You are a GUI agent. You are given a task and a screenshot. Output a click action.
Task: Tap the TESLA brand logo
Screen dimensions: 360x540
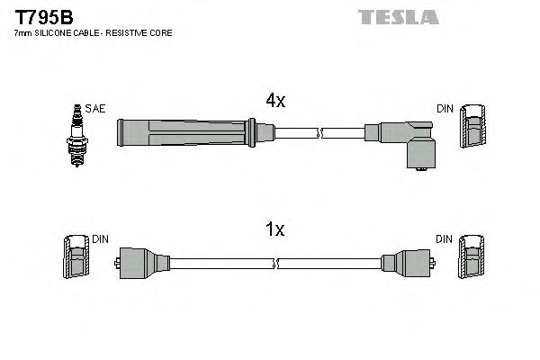[398, 16]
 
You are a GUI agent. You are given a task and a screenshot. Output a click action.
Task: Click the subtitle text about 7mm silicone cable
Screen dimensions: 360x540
[93, 33]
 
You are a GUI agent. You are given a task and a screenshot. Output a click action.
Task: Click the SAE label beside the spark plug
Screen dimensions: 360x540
[95, 109]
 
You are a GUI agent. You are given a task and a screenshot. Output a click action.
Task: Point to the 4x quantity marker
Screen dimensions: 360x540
[275, 102]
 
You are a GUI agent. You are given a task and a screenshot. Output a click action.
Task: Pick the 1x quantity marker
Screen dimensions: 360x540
[275, 230]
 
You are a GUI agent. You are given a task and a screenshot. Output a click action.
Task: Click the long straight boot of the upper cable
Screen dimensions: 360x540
[184, 133]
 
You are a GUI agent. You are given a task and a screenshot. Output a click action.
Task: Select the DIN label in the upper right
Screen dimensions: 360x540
[445, 109]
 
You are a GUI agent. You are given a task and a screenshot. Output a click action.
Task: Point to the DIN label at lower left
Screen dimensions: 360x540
[100, 239]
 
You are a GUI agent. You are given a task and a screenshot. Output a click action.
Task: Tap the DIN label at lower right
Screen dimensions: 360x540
[445, 239]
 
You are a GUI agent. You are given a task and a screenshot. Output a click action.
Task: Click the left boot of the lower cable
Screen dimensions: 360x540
[142, 264]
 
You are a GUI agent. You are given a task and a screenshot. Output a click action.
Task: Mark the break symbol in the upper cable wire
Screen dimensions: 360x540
[319, 134]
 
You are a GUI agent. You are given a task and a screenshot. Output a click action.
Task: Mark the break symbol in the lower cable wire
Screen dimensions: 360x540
[276, 264]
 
